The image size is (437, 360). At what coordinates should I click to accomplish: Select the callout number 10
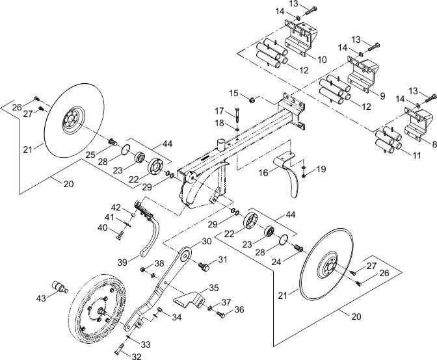coord(321,59)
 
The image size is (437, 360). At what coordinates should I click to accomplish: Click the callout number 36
coord(239,310)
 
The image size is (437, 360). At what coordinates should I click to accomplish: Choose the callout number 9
coord(382,96)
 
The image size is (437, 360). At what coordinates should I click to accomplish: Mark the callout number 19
coord(321,170)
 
